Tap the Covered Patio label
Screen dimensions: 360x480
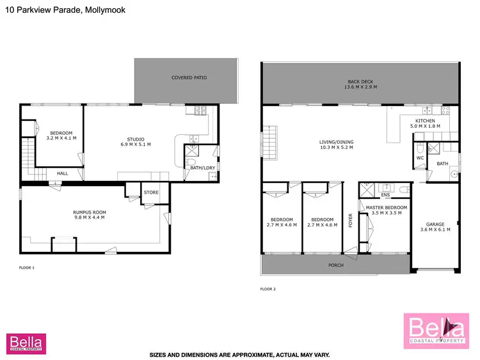189,78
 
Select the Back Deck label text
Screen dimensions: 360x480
362,84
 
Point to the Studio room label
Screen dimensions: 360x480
135,142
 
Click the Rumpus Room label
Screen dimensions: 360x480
90,215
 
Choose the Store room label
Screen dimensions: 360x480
151,192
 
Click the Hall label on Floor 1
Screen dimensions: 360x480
63,173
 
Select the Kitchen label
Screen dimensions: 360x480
425,123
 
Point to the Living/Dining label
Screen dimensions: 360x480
337,145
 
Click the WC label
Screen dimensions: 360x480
420,157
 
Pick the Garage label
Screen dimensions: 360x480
436,226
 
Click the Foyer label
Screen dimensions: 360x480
350,220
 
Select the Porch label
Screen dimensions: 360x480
336,265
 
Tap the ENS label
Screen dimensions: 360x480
385,195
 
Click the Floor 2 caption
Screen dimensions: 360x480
268,290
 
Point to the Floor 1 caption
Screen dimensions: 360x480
26,267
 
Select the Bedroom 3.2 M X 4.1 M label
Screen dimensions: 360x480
61,135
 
